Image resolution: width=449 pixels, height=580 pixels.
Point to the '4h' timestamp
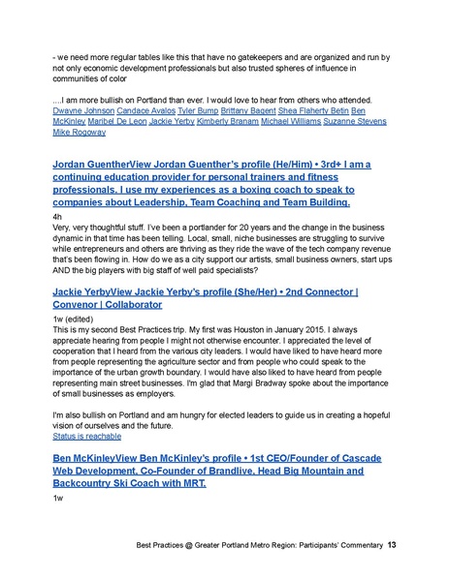[x=56, y=219]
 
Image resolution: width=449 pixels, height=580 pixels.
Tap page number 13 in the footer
[x=391, y=546]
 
